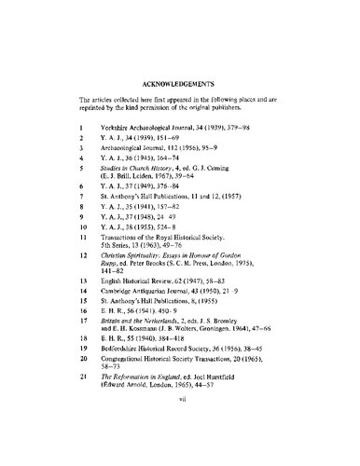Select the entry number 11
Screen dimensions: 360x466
click(83, 267)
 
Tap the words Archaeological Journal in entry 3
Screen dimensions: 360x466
click(152, 148)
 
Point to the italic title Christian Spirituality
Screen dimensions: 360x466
click(149, 292)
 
